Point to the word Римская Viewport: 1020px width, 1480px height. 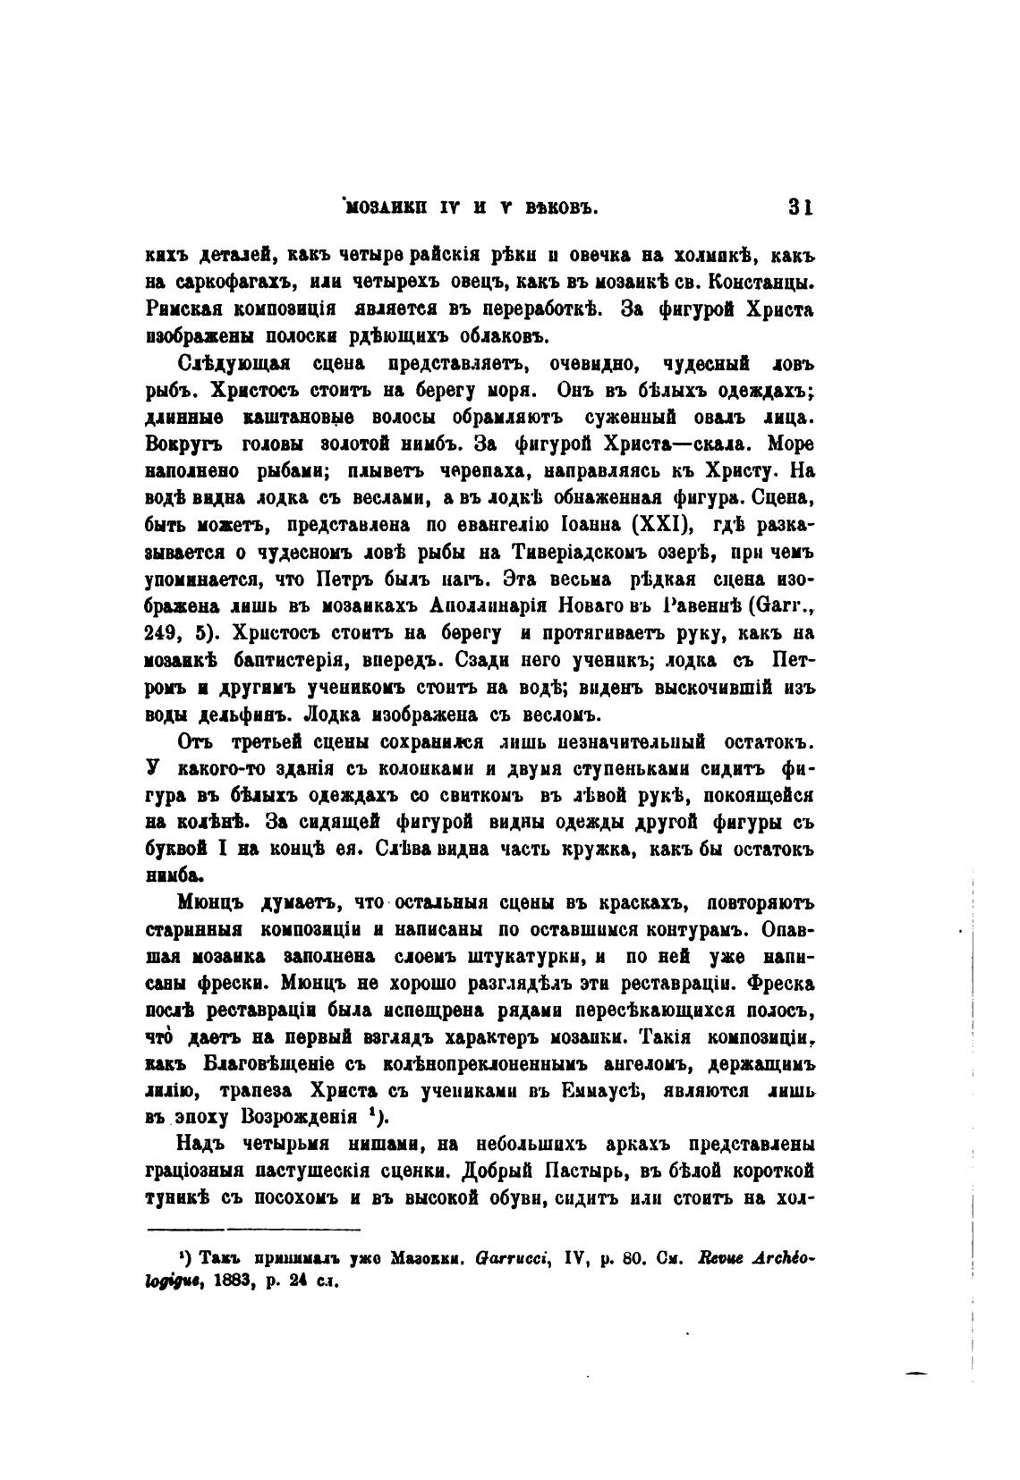click(180, 309)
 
